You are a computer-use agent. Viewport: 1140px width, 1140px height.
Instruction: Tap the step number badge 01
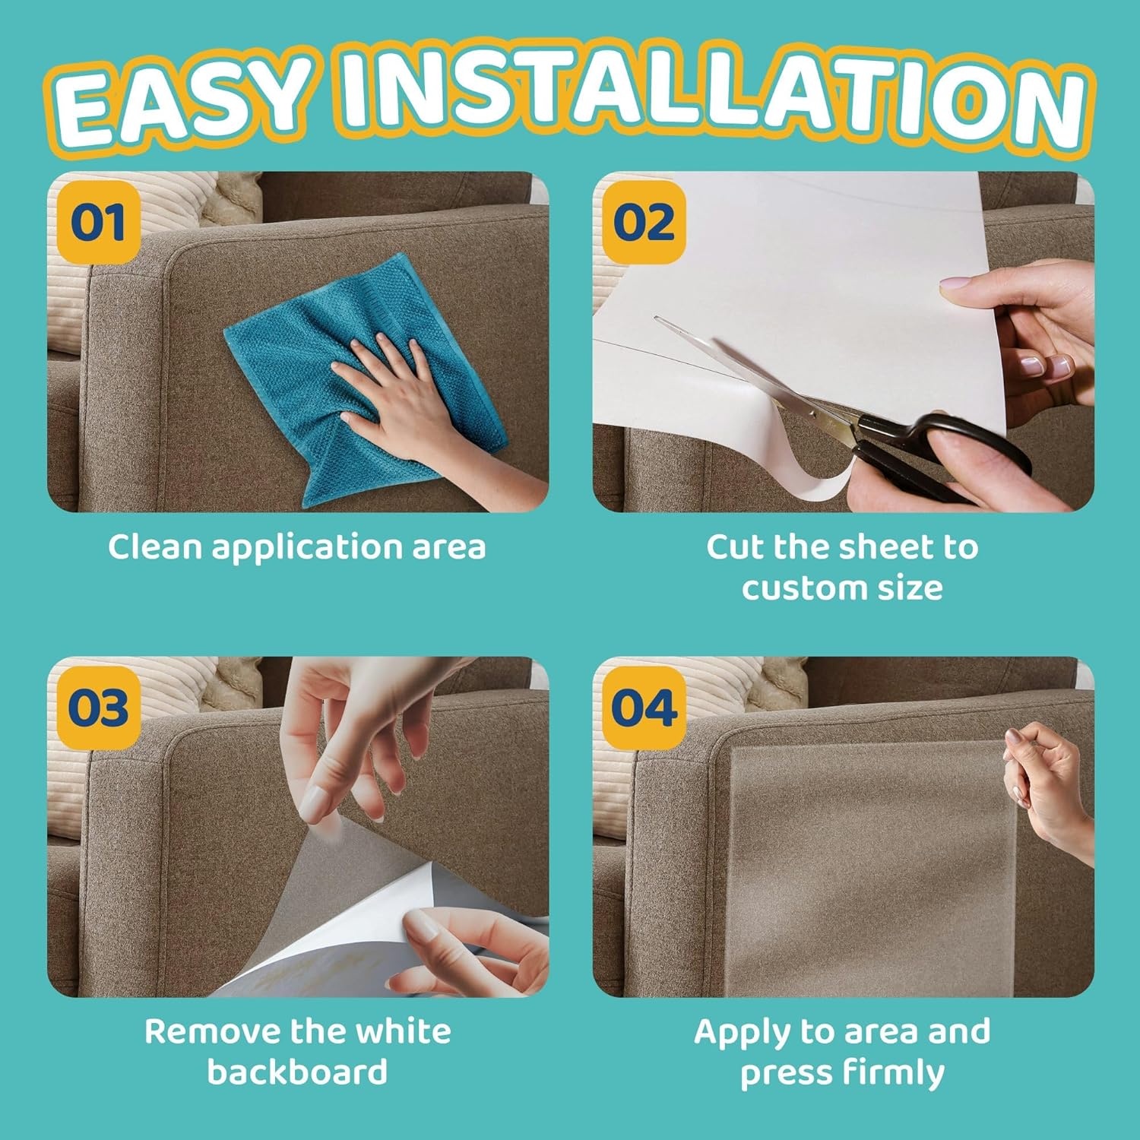[x=98, y=223]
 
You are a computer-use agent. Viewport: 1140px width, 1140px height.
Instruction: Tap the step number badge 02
[x=644, y=223]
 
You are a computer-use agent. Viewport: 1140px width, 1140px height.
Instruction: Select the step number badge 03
[x=98, y=708]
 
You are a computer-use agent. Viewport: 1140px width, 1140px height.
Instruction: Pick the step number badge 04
[x=644, y=708]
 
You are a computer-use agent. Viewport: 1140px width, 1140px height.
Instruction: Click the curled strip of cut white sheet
[x=806, y=479]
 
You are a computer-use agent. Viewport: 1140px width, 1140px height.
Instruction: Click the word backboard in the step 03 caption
[x=297, y=1072]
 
